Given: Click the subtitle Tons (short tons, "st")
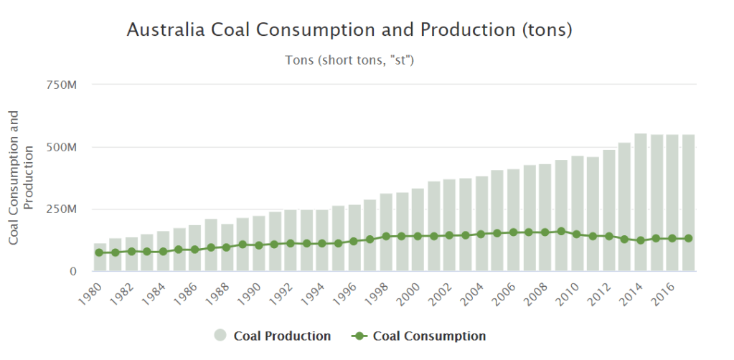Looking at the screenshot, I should (x=350, y=60).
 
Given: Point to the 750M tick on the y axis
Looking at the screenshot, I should (x=62, y=85).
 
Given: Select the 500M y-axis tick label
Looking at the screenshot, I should (x=62, y=147).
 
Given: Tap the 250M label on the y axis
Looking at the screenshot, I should (x=62, y=209).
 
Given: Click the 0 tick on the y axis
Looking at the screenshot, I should (x=73, y=271).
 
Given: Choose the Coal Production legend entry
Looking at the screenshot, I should (x=273, y=336).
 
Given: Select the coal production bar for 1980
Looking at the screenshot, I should (x=100, y=257).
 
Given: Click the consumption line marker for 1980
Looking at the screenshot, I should (x=100, y=252).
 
